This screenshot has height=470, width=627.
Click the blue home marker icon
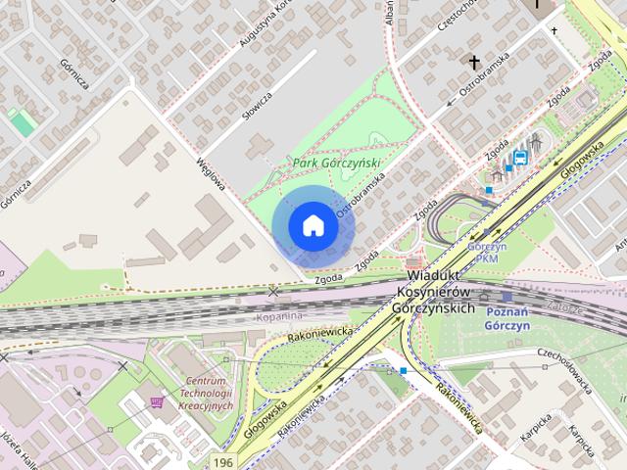click(313, 225)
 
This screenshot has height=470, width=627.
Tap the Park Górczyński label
click(336, 163)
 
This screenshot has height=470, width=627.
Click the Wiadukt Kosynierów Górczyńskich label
click(440, 293)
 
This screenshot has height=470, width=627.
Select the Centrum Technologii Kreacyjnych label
click(203, 393)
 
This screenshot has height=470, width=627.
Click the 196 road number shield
click(224, 460)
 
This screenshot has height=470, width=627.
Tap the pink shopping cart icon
click(157, 401)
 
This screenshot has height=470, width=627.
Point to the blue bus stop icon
click(521, 157)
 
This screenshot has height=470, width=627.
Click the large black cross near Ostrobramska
click(475, 63)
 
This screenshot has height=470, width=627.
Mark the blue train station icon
click(506, 296)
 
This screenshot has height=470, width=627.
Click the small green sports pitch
click(22, 122)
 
